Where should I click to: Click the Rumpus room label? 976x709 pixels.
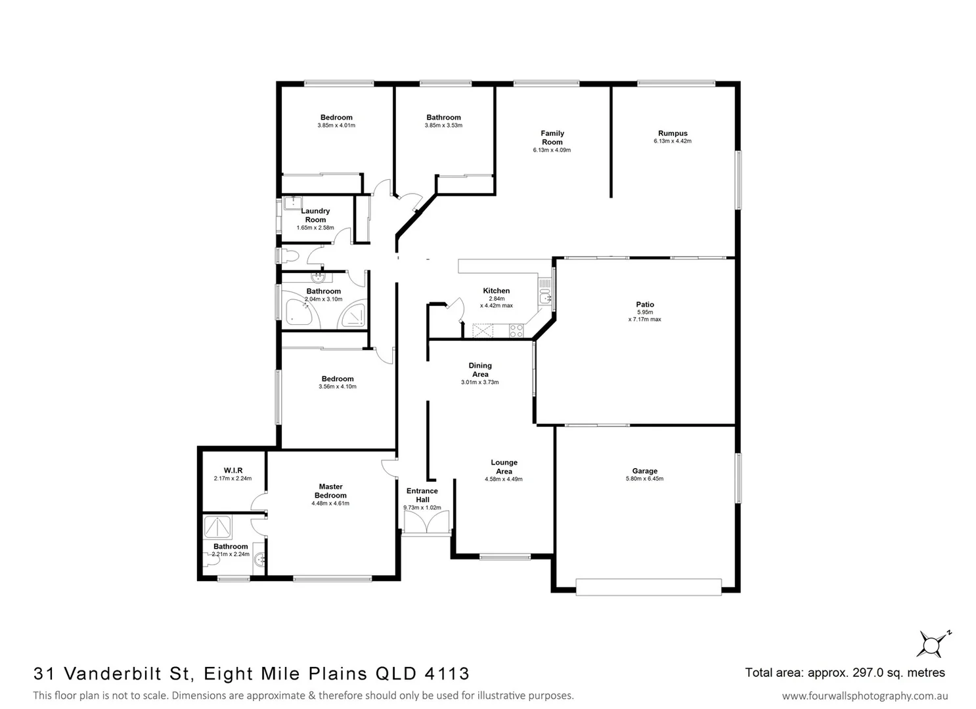tap(673, 133)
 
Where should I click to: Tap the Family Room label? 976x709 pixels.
tap(552, 137)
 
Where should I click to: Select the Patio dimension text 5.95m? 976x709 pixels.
tap(644, 312)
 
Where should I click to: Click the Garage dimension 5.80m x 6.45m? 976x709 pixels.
tap(644, 479)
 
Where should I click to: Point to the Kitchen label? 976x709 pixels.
tap(496, 290)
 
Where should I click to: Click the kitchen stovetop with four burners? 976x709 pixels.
tap(516, 331)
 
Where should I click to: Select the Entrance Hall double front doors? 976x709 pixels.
tap(426, 523)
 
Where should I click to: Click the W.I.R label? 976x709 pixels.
tap(233, 470)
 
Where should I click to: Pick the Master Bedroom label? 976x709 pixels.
tap(330, 491)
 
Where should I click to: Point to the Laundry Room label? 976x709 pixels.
tap(315, 215)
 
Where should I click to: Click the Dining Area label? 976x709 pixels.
tap(479, 370)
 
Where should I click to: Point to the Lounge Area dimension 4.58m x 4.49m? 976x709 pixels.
tap(504, 479)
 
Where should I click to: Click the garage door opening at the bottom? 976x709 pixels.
tap(648, 586)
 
